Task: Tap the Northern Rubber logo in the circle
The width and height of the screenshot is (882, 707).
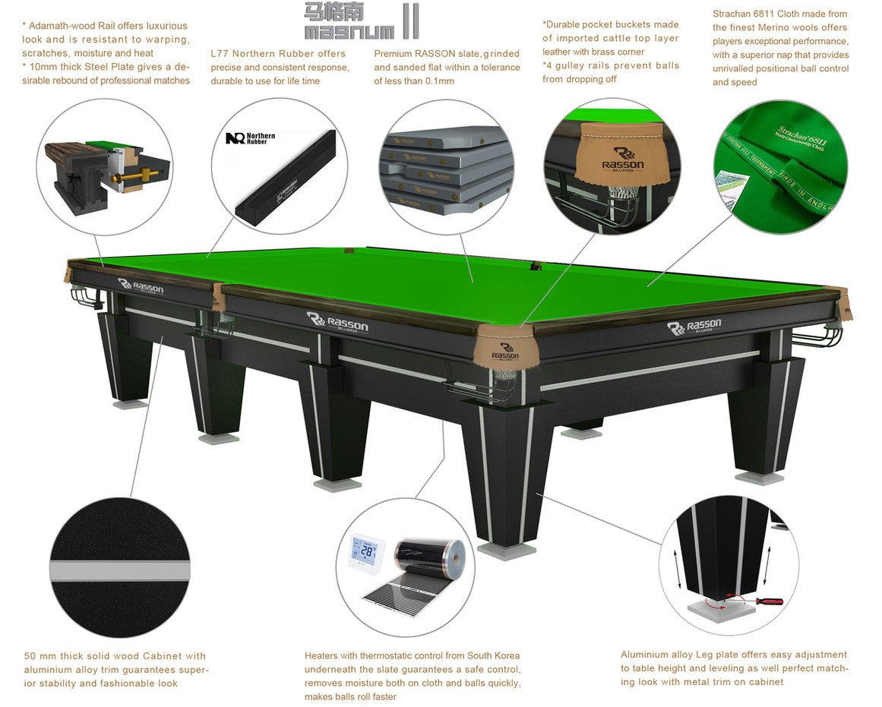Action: (250, 138)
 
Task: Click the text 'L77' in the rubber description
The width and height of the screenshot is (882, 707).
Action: (220, 54)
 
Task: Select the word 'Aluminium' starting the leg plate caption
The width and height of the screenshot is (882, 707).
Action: (645, 655)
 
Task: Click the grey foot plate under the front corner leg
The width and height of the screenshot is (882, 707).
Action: (506, 551)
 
